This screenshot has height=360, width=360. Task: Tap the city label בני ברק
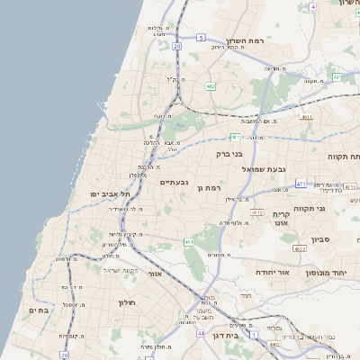[x=230, y=153]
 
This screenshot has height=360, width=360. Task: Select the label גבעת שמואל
[x=264, y=168]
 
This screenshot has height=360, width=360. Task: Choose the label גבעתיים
[x=174, y=182]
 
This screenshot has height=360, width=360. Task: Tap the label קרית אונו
[x=282, y=218]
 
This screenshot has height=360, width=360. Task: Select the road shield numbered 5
[x=202, y=38]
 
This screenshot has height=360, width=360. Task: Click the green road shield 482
[x=210, y=86]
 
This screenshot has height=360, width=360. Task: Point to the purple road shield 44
[x=199, y=334]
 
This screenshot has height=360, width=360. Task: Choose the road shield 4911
[x=307, y=117]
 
